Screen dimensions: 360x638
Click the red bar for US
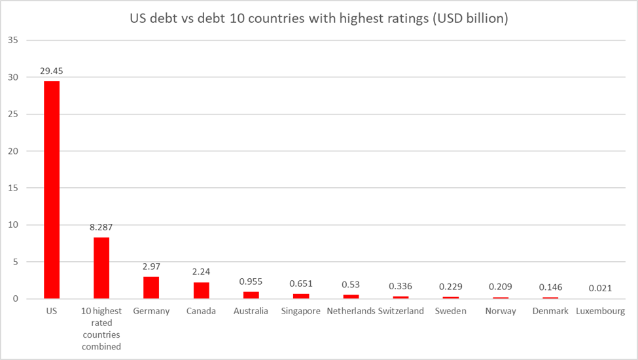pos(52,190)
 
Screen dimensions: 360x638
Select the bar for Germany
pos(151,288)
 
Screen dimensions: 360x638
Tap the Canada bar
pos(201,291)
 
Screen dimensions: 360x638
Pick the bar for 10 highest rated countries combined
pos(101,268)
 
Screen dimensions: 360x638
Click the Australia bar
pos(251,295)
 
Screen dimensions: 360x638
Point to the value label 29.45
pos(52,71)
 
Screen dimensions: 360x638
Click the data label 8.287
pos(101,227)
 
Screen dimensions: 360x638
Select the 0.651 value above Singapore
pos(301,283)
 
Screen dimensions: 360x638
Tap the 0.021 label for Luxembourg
pos(600,288)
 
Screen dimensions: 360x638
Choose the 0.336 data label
pos(400,286)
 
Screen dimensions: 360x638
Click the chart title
pos(319,19)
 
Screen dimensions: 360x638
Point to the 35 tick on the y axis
pos(13,41)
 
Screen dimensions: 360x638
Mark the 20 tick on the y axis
pos(13,151)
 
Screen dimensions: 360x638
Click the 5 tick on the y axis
pos(15,262)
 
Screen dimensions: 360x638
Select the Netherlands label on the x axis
pos(350,311)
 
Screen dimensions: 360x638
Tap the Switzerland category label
pos(401,311)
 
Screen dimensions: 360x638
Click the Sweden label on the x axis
pos(450,311)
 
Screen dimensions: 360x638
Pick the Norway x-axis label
pos(501,311)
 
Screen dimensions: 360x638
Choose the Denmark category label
pos(550,311)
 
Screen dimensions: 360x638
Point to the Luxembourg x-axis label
pos(601,311)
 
